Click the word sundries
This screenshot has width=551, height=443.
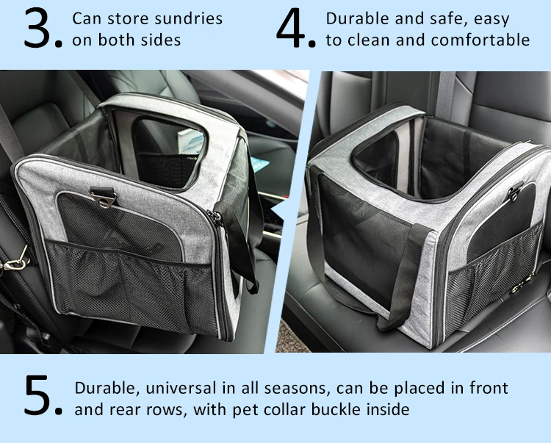tap(189, 18)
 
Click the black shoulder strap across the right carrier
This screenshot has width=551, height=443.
tap(408, 272)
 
